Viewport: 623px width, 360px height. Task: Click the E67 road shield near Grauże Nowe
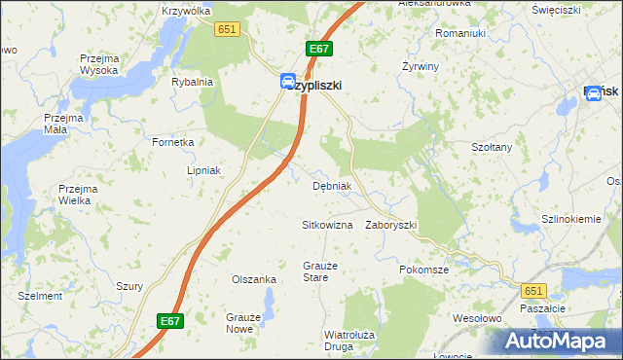click(x=169, y=319)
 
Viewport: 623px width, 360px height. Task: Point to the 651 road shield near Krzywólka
click(x=228, y=30)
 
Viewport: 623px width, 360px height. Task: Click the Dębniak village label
click(x=331, y=186)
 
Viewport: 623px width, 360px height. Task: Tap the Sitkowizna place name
click(x=326, y=225)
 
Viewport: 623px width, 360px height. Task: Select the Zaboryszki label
click(x=390, y=225)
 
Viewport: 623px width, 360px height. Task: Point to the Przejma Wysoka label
click(x=99, y=64)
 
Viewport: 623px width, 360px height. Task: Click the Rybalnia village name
click(x=192, y=83)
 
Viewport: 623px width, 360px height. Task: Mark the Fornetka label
click(x=173, y=142)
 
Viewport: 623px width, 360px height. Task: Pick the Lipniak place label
click(x=204, y=170)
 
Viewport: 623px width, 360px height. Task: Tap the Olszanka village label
click(x=253, y=279)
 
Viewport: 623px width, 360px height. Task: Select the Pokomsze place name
click(x=423, y=270)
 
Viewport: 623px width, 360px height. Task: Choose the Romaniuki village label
click(x=460, y=33)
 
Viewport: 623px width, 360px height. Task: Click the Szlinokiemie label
click(x=571, y=219)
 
